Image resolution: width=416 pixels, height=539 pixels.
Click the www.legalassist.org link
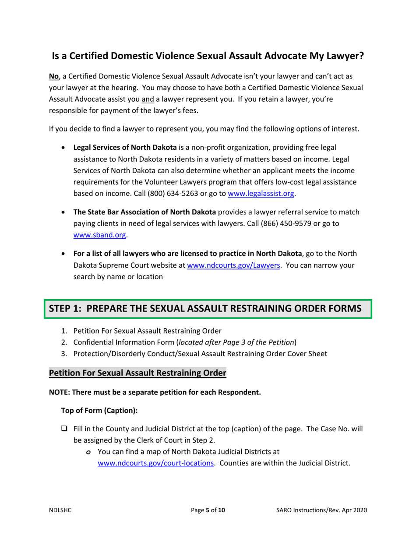click(262, 193)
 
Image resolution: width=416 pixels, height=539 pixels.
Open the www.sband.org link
click(100, 235)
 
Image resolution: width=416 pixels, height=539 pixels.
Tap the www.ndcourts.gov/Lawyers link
click(234, 265)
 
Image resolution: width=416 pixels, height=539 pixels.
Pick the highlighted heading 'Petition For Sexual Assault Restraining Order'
click(137, 373)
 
